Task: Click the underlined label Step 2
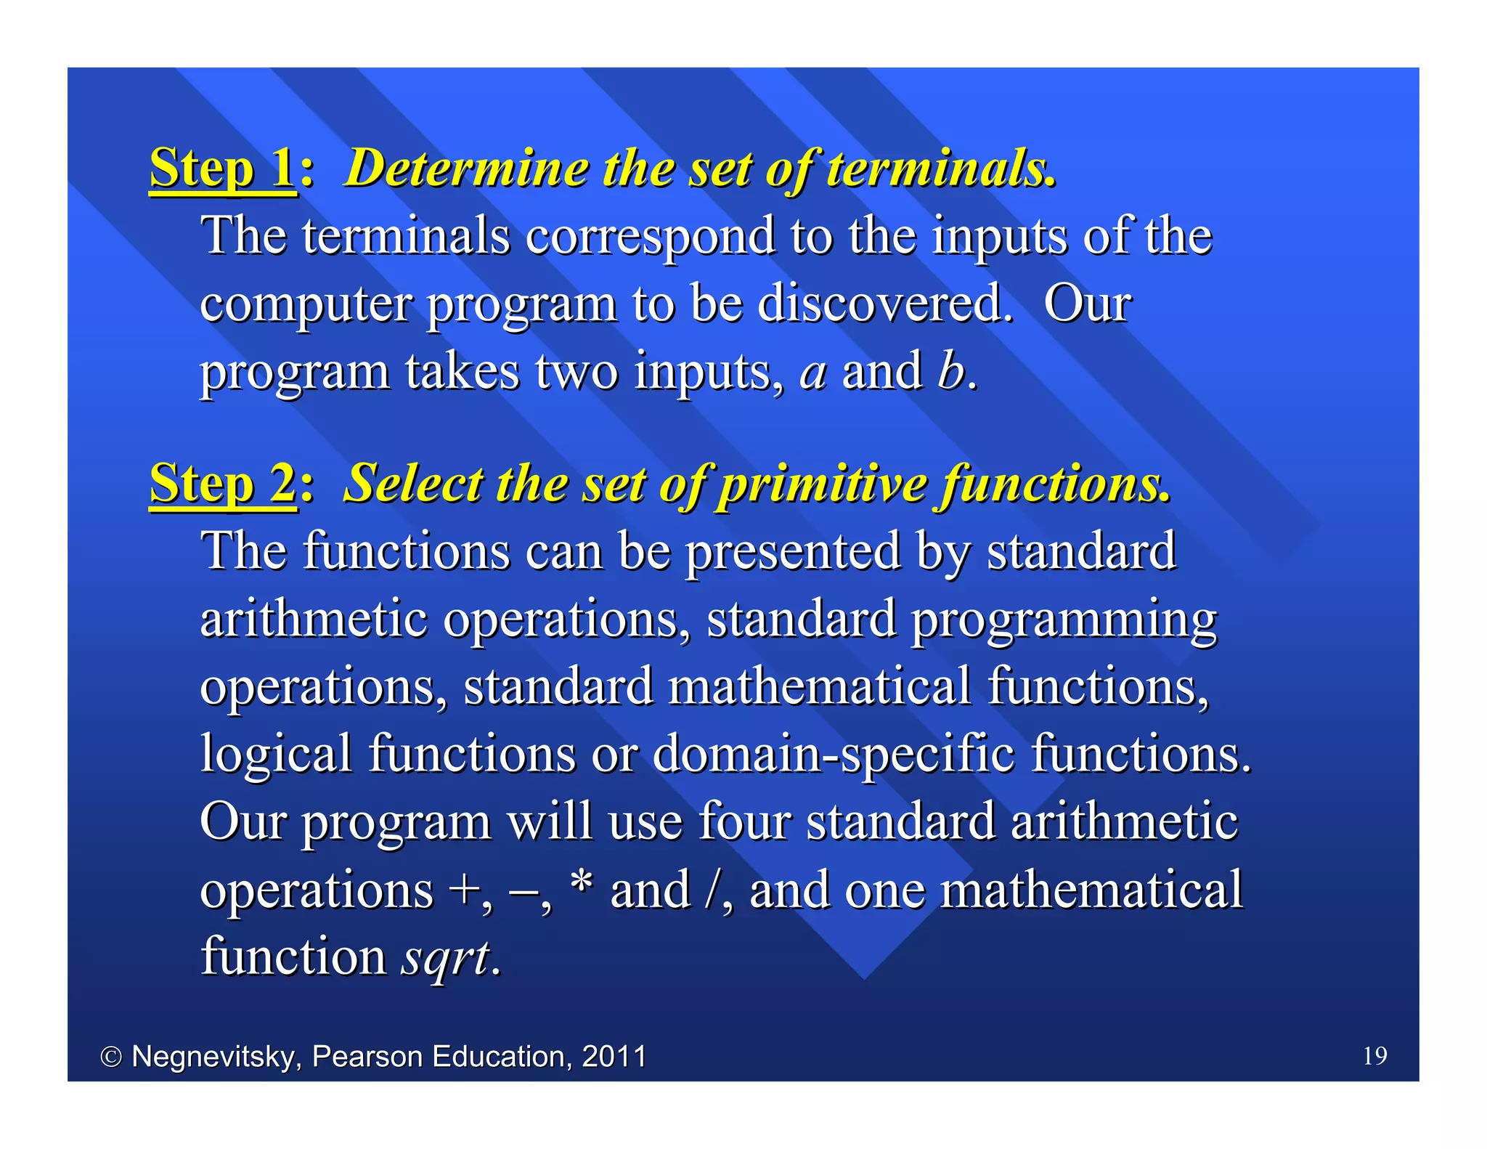click(x=222, y=483)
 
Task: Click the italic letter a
click(x=812, y=372)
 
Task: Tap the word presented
click(x=793, y=552)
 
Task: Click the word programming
click(x=1064, y=621)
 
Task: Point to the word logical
click(x=276, y=755)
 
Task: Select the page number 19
click(x=1375, y=1055)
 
